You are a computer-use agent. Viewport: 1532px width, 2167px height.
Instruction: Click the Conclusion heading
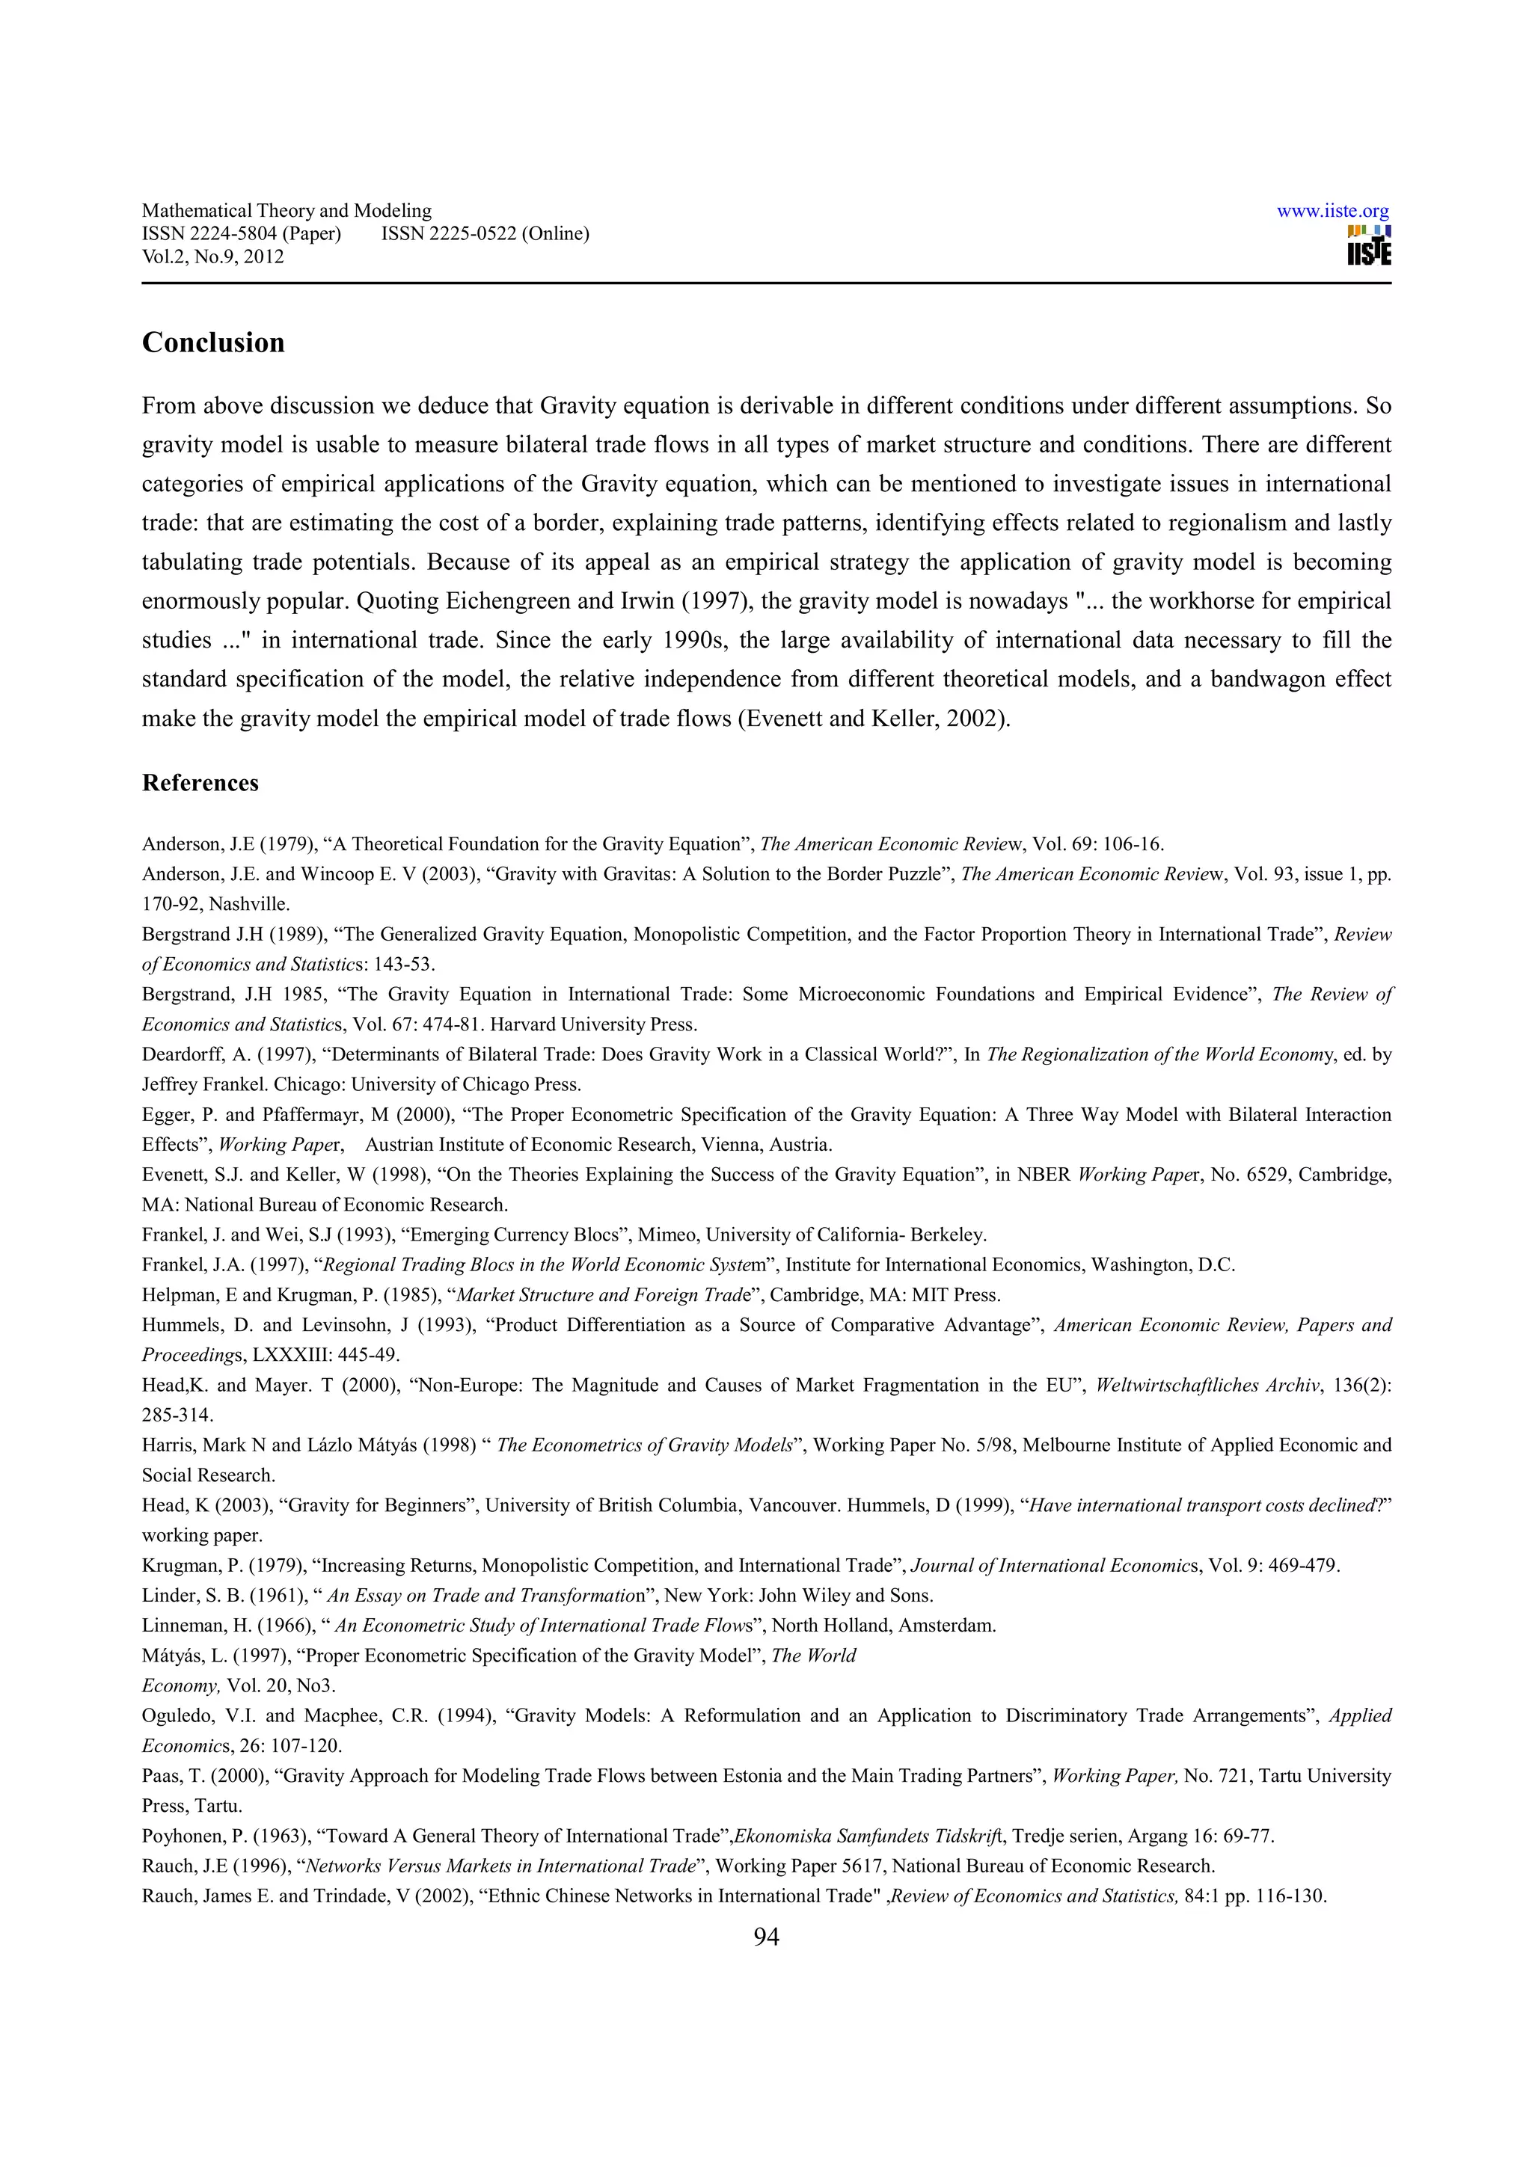point(212,342)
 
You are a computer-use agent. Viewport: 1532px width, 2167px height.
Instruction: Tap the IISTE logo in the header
point(1369,246)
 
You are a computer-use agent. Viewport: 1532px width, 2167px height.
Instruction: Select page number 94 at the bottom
point(765,1937)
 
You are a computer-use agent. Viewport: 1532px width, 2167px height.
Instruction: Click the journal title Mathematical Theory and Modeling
point(286,210)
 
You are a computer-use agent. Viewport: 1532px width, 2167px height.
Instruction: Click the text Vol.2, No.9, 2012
point(212,256)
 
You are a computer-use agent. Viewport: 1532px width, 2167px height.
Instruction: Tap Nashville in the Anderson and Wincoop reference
point(248,904)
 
